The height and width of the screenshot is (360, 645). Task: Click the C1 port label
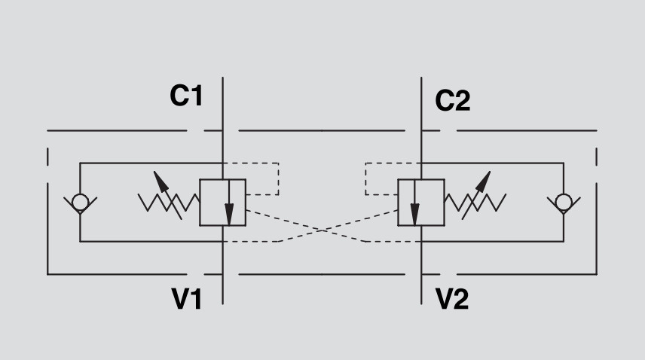[x=185, y=96]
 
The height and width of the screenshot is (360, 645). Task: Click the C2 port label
[x=453, y=100]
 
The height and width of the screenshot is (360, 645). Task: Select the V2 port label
[x=453, y=299]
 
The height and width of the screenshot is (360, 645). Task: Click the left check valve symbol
[x=79, y=203]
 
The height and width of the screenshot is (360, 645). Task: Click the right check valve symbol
[x=563, y=202]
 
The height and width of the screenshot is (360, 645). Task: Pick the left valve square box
[x=223, y=203]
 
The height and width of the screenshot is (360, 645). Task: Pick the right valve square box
[x=420, y=202]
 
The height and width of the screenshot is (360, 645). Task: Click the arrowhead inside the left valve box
[x=229, y=219]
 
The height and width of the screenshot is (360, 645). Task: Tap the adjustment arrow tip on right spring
[x=487, y=175]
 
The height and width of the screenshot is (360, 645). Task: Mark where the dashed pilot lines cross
[x=322, y=228]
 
